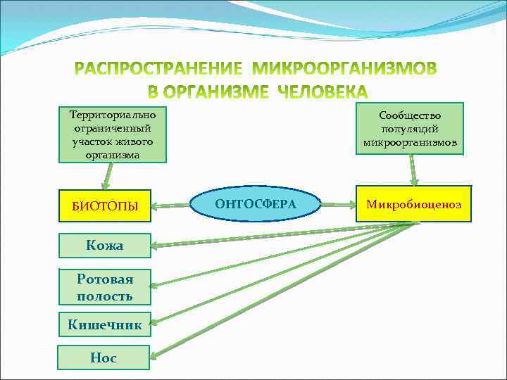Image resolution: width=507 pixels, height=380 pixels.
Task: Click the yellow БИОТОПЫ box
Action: tap(105, 206)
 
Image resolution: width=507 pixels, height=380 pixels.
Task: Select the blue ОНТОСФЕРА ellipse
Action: tap(256, 204)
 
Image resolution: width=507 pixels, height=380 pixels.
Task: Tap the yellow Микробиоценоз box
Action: tap(413, 204)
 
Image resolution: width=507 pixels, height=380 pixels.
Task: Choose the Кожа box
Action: tap(104, 246)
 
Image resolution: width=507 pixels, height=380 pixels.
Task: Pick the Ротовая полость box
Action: tap(105, 287)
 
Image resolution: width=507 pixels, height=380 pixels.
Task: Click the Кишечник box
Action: tap(104, 325)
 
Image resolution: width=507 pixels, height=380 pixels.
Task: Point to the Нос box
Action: tap(104, 357)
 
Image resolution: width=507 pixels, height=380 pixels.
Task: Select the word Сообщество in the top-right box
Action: tap(410, 115)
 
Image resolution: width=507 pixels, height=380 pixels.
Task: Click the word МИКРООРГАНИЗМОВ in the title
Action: tap(344, 70)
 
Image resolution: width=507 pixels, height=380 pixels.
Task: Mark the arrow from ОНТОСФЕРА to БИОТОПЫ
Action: tap(173, 206)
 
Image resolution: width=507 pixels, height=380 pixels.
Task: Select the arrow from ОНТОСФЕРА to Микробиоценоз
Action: tap(338, 205)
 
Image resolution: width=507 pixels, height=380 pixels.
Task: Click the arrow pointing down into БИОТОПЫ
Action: tap(106, 176)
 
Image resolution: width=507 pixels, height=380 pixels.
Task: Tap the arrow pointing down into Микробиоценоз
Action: tap(413, 170)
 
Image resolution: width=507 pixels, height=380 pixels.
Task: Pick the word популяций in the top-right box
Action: tap(410, 129)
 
